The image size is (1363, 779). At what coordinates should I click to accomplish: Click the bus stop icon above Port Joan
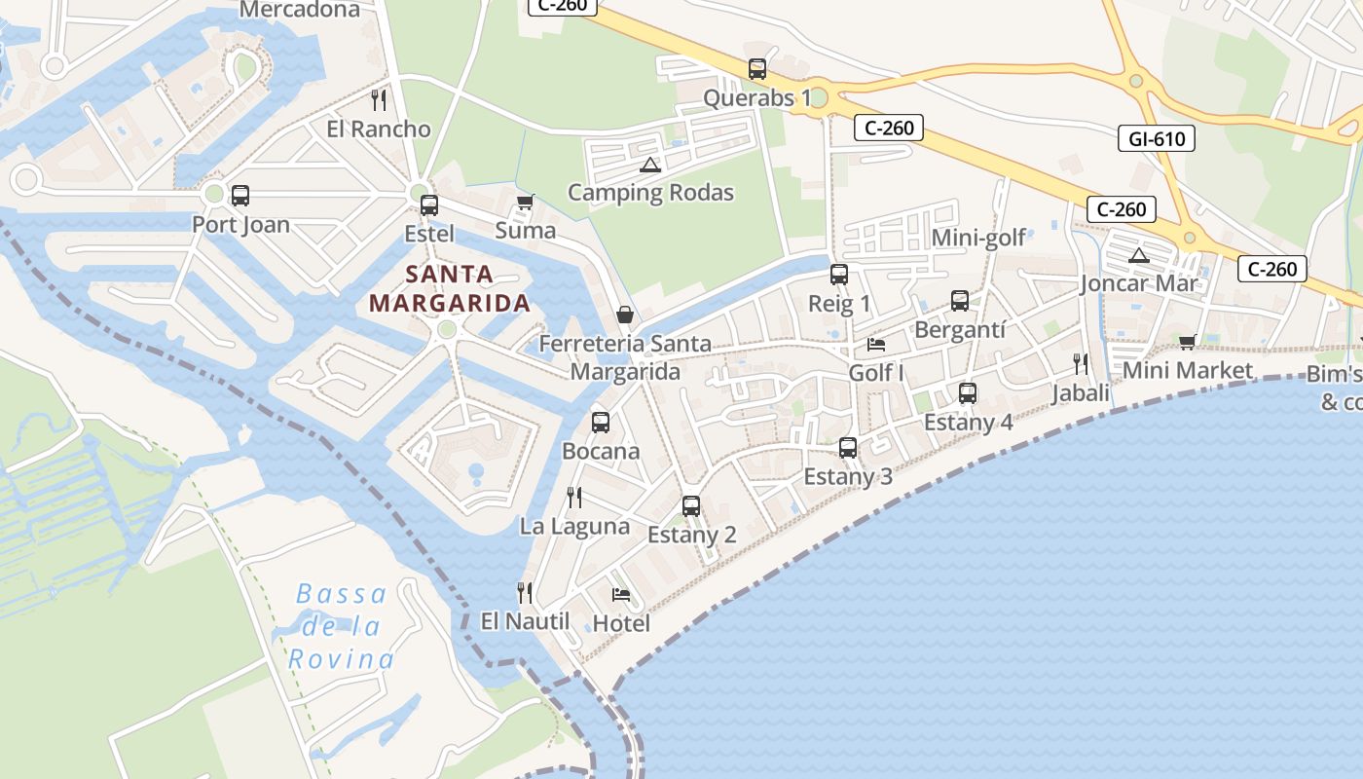(239, 195)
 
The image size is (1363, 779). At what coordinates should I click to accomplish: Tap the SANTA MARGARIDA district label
(450, 288)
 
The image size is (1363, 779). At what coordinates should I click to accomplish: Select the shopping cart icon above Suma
(525, 203)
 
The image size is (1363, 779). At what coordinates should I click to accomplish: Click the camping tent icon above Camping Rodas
(650, 165)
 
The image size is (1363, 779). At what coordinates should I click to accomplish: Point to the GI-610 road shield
(1156, 138)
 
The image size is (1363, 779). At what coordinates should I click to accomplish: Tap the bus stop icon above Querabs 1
(756, 69)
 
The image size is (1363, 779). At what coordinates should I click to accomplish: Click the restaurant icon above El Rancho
(379, 99)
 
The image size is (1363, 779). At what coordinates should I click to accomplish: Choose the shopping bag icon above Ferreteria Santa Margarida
(624, 315)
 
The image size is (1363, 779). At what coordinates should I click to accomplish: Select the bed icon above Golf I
(876, 344)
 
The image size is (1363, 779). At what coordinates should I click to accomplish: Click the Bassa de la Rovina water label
(341, 626)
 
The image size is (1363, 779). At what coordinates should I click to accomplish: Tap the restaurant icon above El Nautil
(525, 592)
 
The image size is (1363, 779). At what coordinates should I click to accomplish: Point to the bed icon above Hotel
(620, 594)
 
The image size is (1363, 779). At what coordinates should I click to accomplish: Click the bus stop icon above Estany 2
(691, 506)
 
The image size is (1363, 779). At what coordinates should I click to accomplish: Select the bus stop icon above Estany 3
(848, 448)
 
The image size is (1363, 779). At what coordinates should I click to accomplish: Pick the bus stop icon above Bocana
(601, 423)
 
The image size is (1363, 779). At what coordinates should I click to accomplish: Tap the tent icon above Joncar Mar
(1138, 256)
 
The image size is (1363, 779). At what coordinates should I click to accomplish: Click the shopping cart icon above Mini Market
(1187, 342)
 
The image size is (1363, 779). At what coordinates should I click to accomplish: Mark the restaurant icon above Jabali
(1081, 364)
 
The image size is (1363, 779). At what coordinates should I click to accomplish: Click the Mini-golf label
(978, 238)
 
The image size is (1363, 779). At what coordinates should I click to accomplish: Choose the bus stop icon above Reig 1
(839, 275)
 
